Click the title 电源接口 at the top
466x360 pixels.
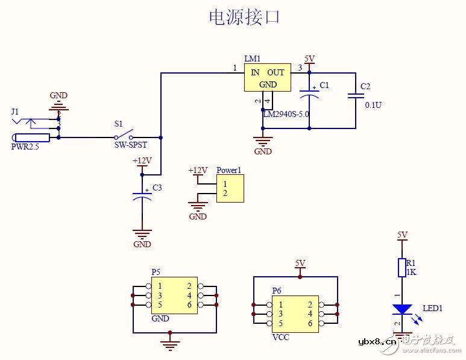coord(244,17)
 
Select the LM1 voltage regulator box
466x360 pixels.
coord(267,78)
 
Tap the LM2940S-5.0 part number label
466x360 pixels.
coord(286,113)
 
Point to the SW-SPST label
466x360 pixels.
coord(130,145)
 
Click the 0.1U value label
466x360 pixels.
coord(373,105)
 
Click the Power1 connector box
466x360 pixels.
coord(230,189)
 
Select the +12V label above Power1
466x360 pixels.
coord(197,171)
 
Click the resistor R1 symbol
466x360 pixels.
coord(402,268)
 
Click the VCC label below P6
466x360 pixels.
coord(280,337)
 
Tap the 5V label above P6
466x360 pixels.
coord(300,263)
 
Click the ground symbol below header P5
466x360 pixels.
coord(171,345)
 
